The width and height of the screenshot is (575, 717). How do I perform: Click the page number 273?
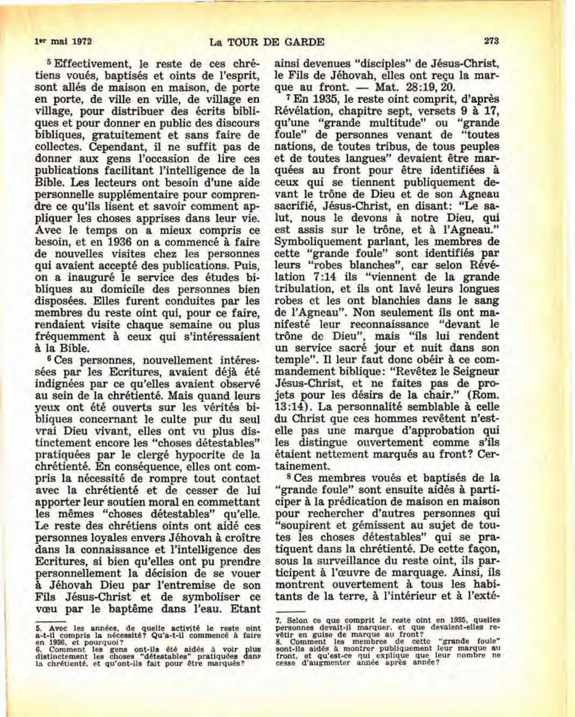pyautogui.click(x=491, y=41)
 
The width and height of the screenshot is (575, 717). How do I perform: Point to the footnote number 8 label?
pyautogui.click(x=278, y=642)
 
